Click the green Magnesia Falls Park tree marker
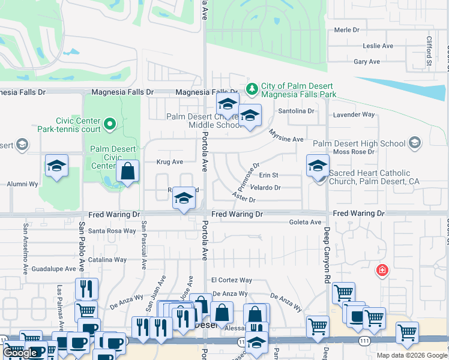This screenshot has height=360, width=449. pyautogui.click(x=253, y=89)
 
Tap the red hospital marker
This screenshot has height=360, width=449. pyautogui.click(x=382, y=271)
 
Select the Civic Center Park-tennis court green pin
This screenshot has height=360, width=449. pyautogui.click(x=109, y=124)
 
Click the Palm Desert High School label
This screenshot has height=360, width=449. pyautogui.click(x=359, y=143)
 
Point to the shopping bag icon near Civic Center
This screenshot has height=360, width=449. pyautogui.click(x=128, y=171)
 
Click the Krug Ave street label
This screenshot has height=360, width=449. pyautogui.click(x=169, y=162)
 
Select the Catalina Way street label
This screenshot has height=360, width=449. pyautogui.click(x=107, y=260)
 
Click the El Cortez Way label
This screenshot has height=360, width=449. pyautogui.click(x=231, y=280)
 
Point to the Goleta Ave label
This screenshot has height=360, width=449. pyautogui.click(x=305, y=222)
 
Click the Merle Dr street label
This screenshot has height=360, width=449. pyautogui.click(x=346, y=29)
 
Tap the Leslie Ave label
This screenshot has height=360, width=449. pyautogui.click(x=378, y=46)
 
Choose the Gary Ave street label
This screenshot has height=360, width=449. pyautogui.click(x=367, y=62)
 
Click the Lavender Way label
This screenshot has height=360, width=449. pyautogui.click(x=354, y=114)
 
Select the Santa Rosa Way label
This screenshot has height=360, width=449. pyautogui.click(x=112, y=230)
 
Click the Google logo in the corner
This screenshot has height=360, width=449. pyautogui.click(x=21, y=353)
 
